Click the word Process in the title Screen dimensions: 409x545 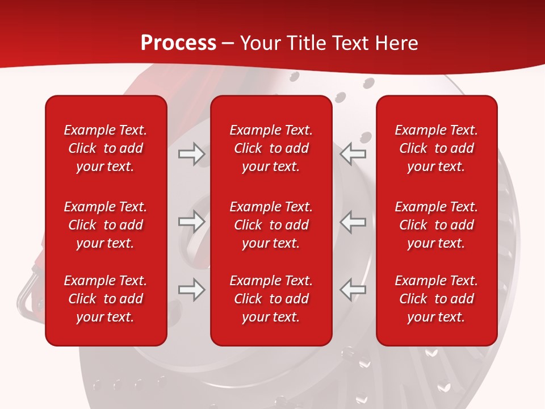[178, 43]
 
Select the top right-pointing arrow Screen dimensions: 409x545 [192, 154]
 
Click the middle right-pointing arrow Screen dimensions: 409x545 [192, 222]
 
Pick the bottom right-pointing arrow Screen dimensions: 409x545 [192, 290]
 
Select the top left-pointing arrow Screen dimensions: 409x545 [353, 154]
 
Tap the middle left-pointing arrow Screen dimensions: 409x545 [353, 222]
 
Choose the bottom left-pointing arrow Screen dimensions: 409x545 [353, 290]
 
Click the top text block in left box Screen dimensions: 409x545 [106, 148]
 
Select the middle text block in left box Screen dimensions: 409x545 [106, 225]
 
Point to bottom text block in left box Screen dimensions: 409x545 [106, 299]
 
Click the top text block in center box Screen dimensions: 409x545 [271, 148]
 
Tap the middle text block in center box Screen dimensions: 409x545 [271, 225]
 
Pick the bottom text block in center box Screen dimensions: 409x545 [271, 299]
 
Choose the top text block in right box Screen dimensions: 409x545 [437, 148]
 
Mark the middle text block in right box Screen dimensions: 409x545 [437, 225]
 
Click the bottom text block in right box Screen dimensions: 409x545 [437, 299]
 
